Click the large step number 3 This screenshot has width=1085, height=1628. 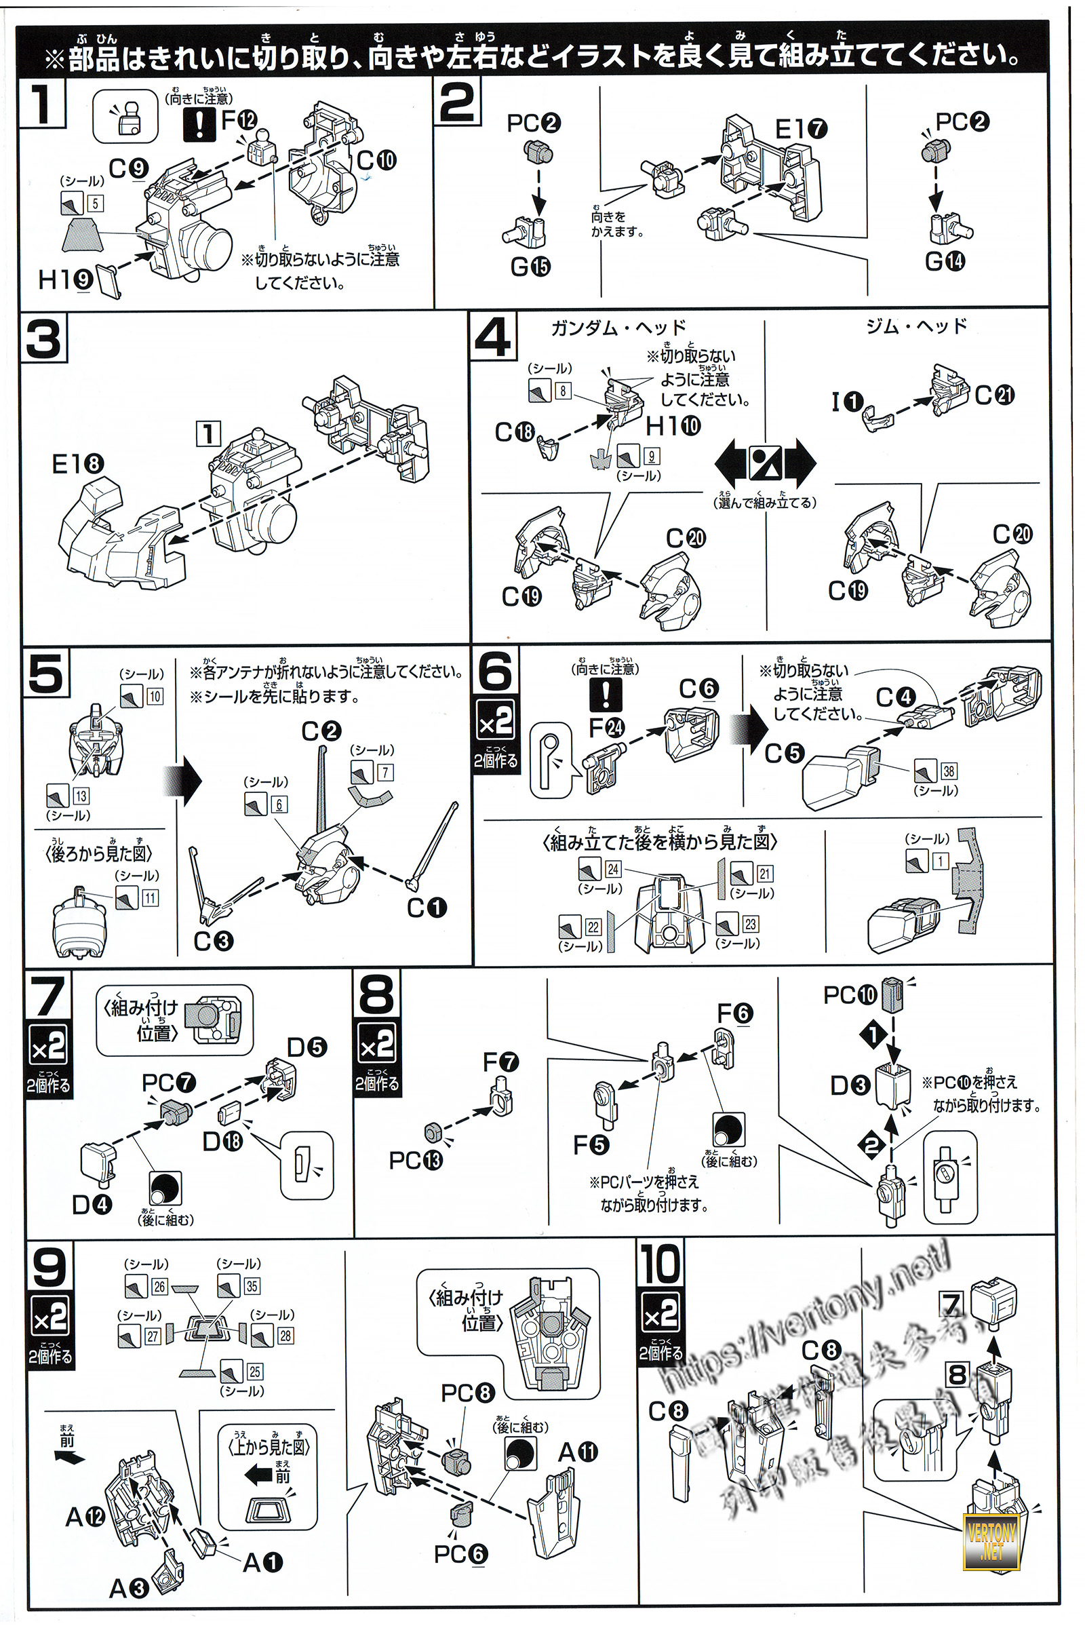[x=44, y=339]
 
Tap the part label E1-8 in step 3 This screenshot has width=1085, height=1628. [x=77, y=464]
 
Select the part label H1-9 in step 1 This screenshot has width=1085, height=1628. [x=66, y=279]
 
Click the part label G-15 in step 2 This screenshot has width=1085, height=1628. [x=530, y=267]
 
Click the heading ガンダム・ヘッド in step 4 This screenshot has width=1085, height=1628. [x=618, y=328]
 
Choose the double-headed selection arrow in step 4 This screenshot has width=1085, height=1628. [x=765, y=464]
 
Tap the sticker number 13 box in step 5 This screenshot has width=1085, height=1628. [x=81, y=796]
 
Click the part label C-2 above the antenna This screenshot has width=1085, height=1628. [x=321, y=732]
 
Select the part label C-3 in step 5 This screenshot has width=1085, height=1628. [x=213, y=941]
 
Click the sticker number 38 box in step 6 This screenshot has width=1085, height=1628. [x=948, y=771]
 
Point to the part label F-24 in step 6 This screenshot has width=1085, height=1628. [x=606, y=727]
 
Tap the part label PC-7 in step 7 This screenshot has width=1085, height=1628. [x=169, y=1083]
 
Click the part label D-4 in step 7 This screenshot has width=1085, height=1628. [x=92, y=1205]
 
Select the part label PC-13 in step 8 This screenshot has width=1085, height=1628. [x=415, y=1160]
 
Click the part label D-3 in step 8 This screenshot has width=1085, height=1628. [x=850, y=1085]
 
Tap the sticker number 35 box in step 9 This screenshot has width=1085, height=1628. [x=252, y=1286]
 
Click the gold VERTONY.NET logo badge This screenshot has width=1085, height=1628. [x=991, y=1540]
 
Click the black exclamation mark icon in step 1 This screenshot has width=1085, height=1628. [x=200, y=125]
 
